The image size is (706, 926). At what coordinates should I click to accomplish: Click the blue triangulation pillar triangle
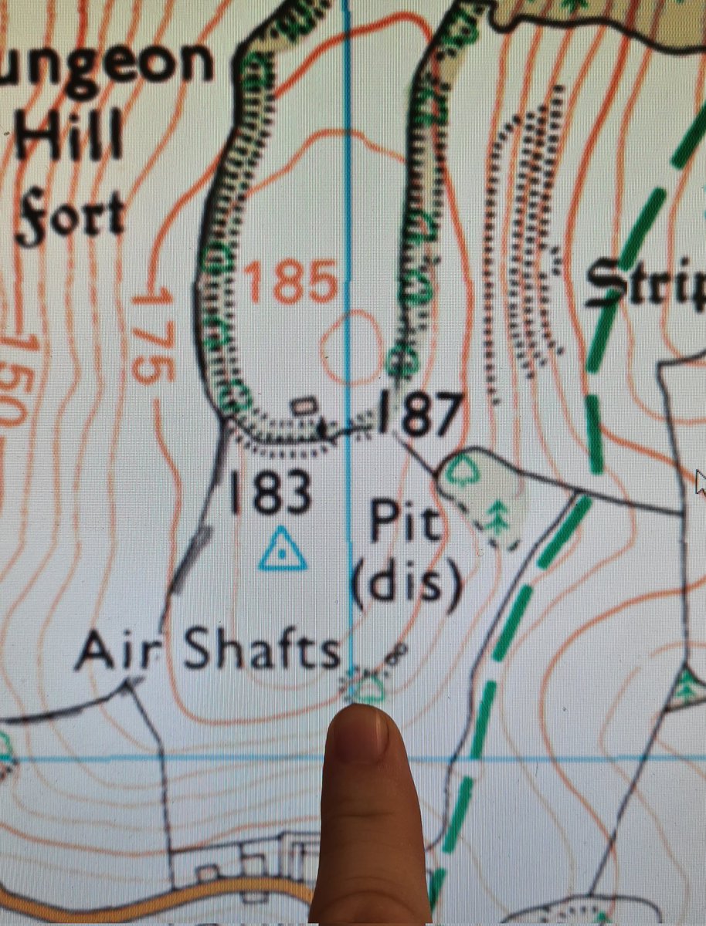click(282, 549)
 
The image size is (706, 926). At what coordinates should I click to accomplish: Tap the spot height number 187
click(420, 414)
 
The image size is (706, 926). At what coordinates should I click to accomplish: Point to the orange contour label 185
click(291, 282)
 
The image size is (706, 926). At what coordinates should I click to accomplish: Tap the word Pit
click(404, 525)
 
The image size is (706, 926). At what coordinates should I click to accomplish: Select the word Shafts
click(263, 653)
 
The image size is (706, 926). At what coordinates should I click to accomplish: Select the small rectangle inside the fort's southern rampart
click(304, 404)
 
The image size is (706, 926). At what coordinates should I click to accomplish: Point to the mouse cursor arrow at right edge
click(700, 482)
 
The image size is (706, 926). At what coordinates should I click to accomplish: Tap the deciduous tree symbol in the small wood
click(462, 471)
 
